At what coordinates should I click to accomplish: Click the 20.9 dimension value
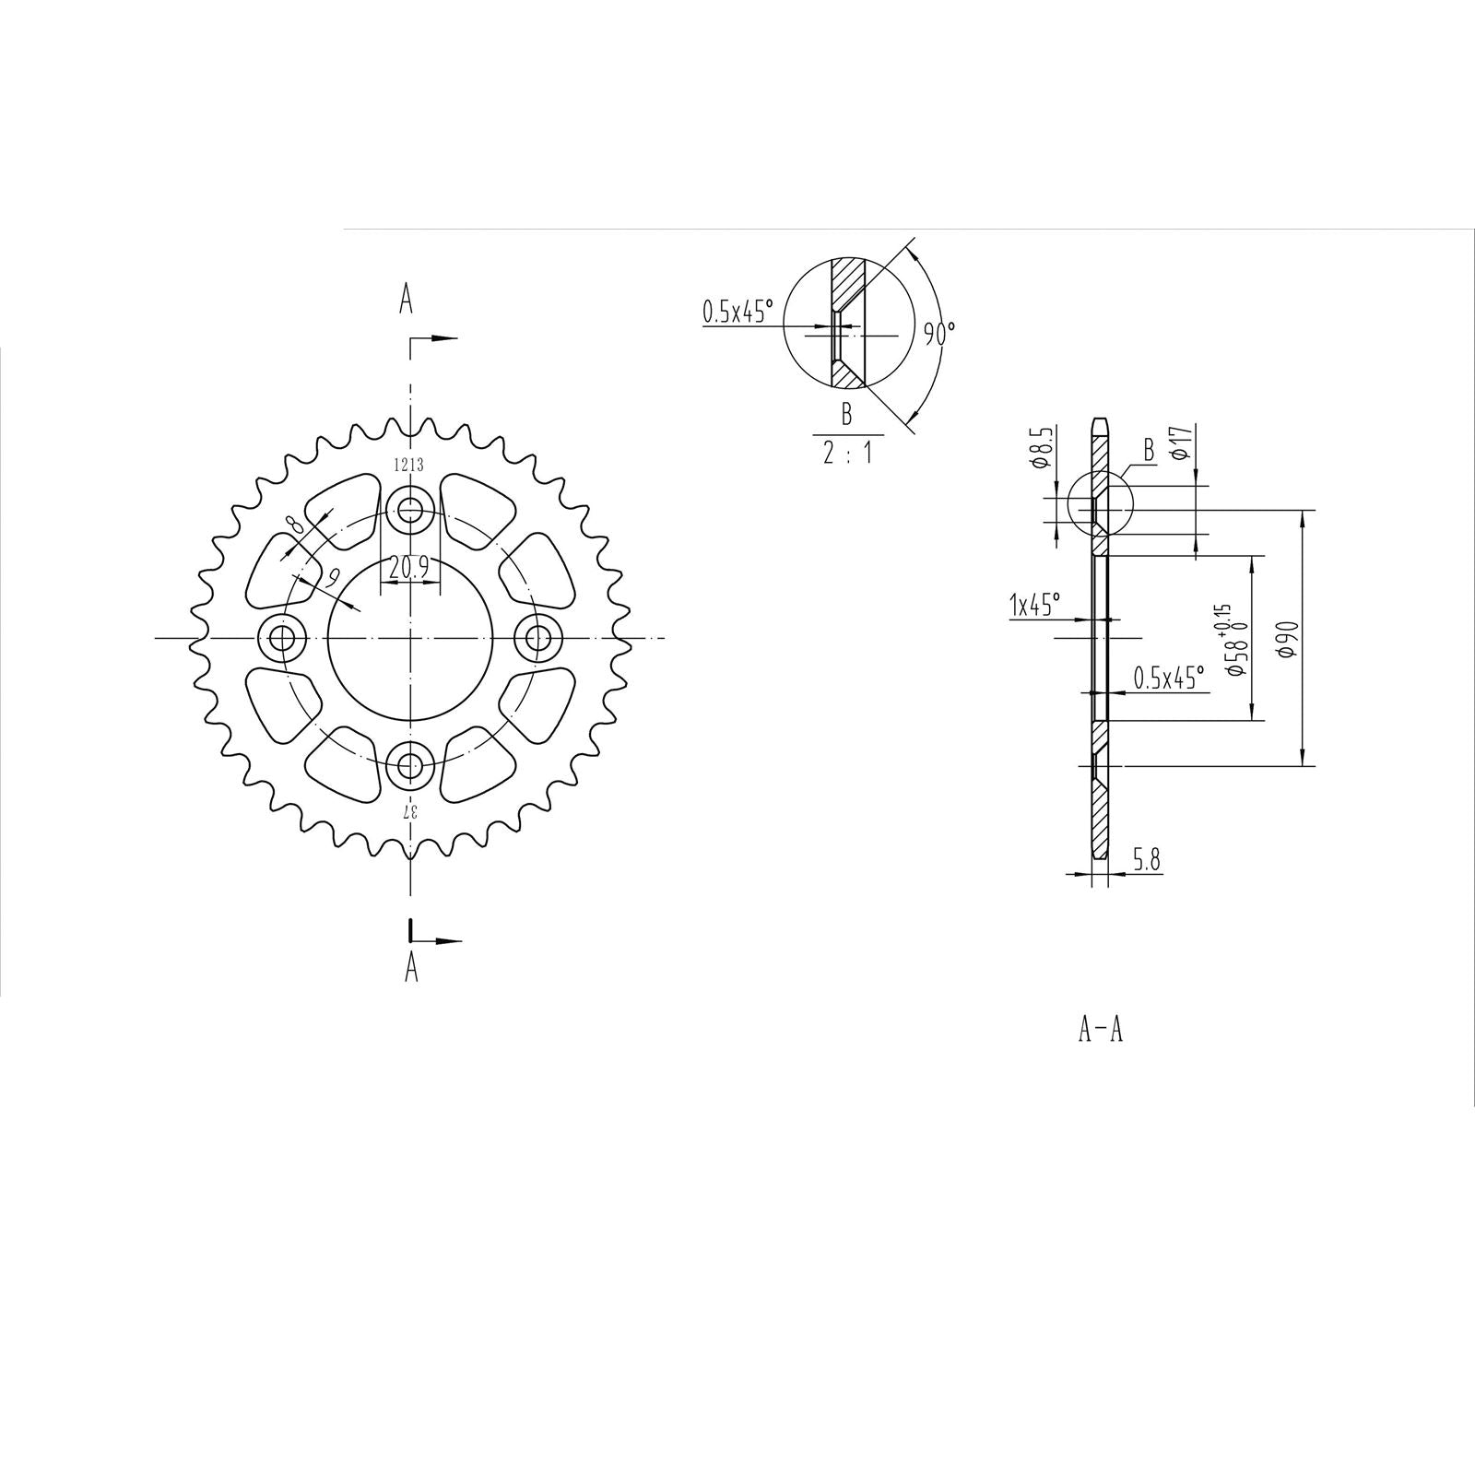pyautogui.click(x=409, y=569)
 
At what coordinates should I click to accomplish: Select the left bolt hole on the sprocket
pyautogui.click(x=280, y=637)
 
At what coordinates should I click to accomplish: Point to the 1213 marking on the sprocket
pyautogui.click(x=409, y=466)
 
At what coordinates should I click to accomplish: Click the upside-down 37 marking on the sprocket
pyautogui.click(x=411, y=810)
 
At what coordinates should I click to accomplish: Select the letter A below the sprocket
pyautogui.click(x=411, y=967)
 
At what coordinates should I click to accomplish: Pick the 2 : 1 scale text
pyautogui.click(x=847, y=453)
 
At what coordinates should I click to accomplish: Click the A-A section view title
pyautogui.click(x=1101, y=1029)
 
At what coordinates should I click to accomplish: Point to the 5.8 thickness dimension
pyautogui.click(x=1147, y=860)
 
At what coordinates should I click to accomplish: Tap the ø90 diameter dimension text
pyautogui.click(x=1289, y=639)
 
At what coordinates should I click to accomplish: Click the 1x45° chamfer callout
pyautogui.click(x=1034, y=606)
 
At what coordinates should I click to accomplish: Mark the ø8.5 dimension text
pyautogui.click(x=1041, y=447)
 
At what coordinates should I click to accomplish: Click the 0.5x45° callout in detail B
pyautogui.click(x=736, y=313)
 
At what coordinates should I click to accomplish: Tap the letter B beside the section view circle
pyautogui.click(x=1149, y=450)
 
